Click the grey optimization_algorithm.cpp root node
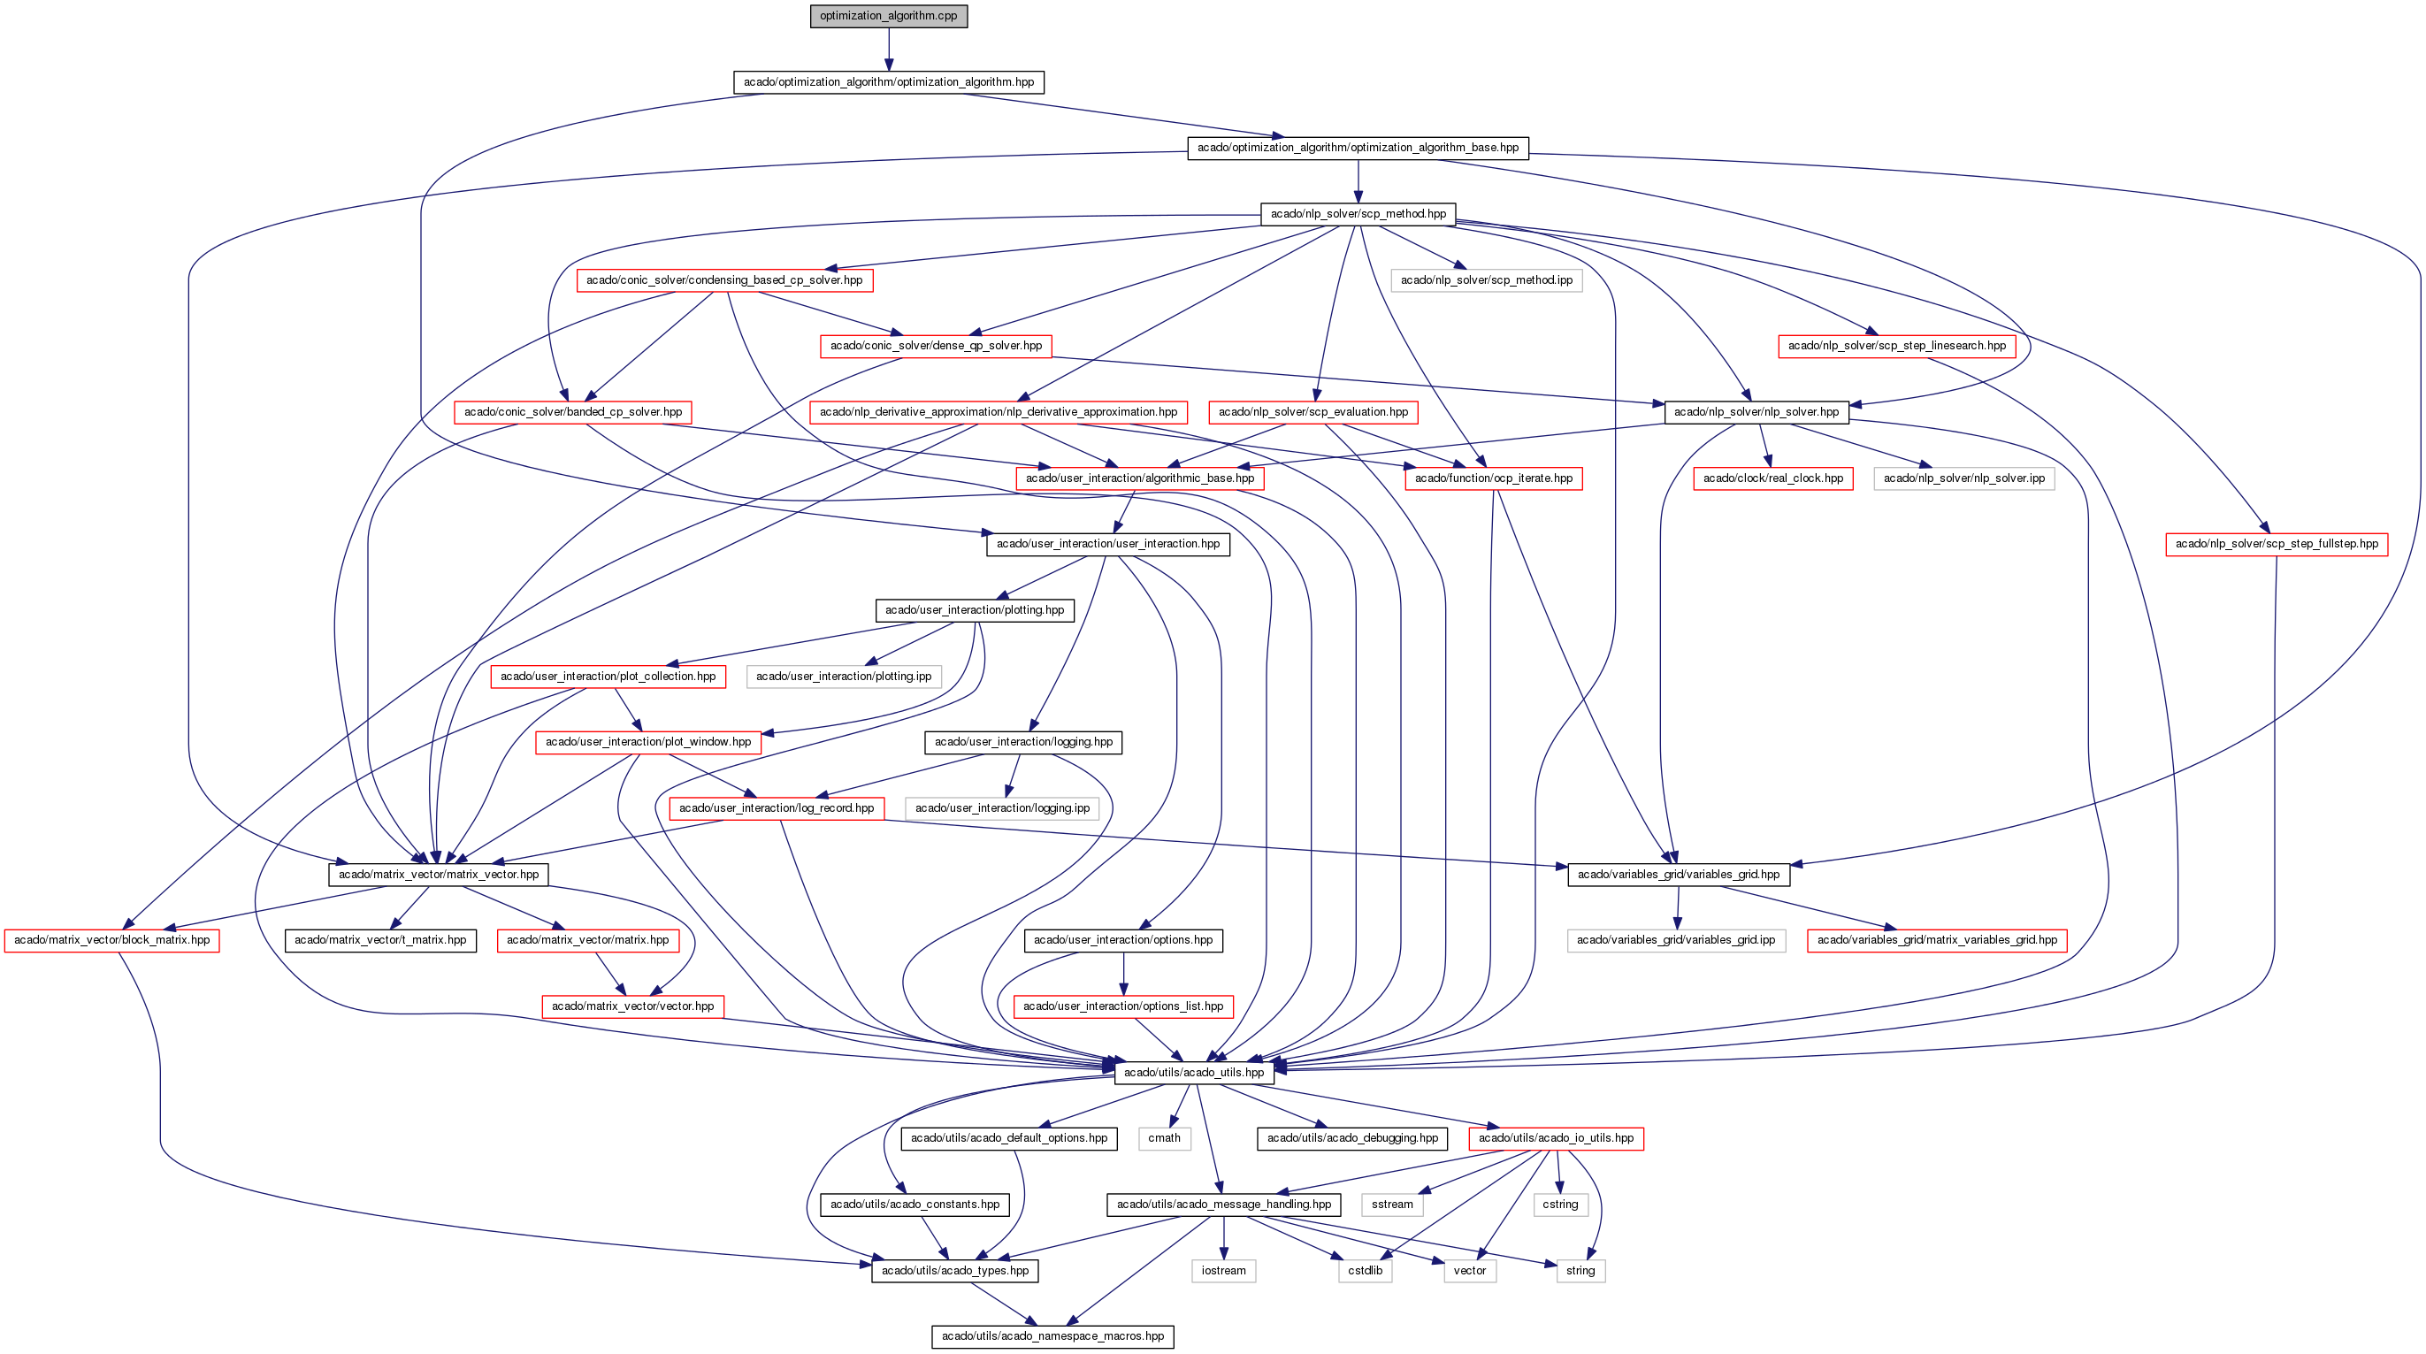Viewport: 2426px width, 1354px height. (x=888, y=16)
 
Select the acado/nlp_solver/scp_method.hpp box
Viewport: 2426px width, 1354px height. (x=1358, y=214)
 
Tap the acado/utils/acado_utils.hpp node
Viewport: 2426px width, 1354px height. (x=1193, y=1073)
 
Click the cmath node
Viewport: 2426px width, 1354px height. (x=1164, y=1138)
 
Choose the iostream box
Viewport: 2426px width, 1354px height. (x=1223, y=1270)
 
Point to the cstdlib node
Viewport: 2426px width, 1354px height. (x=1365, y=1270)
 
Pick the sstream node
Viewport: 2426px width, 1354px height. (x=1392, y=1205)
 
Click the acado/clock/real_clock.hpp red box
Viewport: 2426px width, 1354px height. (x=1772, y=478)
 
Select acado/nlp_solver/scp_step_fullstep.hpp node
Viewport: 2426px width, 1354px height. (x=2277, y=544)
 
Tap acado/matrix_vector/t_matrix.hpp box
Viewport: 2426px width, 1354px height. (x=380, y=940)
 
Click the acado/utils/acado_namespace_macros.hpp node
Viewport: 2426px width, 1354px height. (x=1052, y=1336)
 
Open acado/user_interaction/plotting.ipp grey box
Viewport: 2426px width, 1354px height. (x=844, y=676)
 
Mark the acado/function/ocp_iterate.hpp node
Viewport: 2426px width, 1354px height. (x=1494, y=478)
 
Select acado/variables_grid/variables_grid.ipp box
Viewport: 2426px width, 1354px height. (x=1675, y=940)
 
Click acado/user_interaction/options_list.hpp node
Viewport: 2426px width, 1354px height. (x=1122, y=1006)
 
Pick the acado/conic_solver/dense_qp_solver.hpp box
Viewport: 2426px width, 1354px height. (x=936, y=346)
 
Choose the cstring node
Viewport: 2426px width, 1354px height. (x=1559, y=1205)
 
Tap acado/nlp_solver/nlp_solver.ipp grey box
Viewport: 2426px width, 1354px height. (x=1963, y=478)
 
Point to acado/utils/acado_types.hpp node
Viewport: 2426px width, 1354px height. (x=955, y=1270)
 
